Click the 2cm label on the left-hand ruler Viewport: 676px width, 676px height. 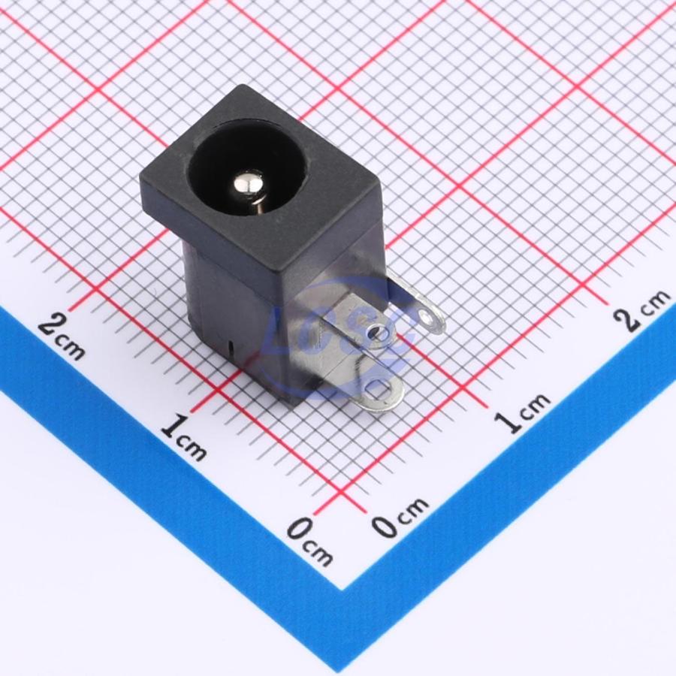pos(62,337)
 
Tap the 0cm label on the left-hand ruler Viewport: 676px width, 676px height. pos(310,542)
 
